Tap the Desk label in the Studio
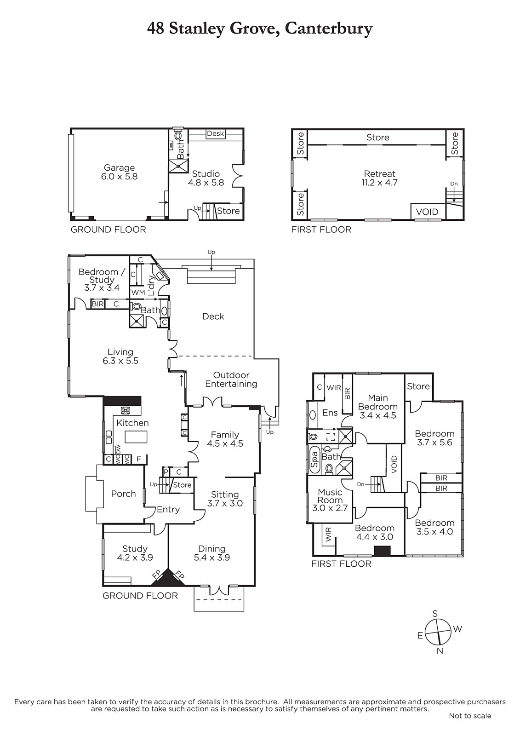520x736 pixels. point(216,133)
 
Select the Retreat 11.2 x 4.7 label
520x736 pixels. point(380,178)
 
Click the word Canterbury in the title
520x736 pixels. point(328,29)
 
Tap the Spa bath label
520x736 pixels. point(314,460)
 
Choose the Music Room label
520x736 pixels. point(330,496)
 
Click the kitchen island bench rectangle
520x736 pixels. point(136,437)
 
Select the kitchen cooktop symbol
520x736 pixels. point(126,410)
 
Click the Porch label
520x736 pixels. point(123,494)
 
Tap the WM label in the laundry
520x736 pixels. point(138,293)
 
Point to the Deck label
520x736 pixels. point(213,316)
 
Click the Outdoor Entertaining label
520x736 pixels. point(231,379)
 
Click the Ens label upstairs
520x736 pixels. point(330,413)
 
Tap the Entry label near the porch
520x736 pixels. point(168,509)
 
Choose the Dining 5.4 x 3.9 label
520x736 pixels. point(212,553)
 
